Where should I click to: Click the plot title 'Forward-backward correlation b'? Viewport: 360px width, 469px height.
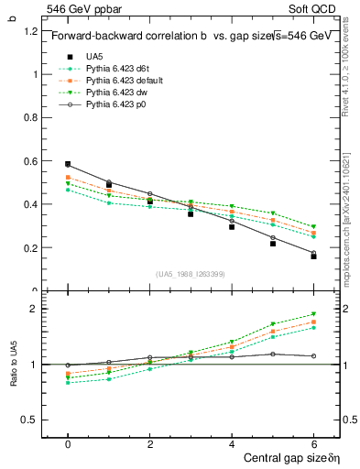123,37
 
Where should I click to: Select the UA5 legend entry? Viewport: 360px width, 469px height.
95,57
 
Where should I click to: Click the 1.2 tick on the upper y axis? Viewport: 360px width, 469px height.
31,30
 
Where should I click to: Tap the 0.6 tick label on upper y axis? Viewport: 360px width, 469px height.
31,161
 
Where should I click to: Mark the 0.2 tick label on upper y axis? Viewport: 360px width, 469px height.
31,248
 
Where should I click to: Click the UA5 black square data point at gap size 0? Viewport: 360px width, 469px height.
68,164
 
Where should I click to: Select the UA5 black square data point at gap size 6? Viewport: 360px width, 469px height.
313,256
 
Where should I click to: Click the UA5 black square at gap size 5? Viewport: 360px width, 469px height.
273,244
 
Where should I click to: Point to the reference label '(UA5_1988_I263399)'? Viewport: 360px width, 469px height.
191,274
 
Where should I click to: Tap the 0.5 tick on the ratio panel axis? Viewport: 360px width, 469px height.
31,420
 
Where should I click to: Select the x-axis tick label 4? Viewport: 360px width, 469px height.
232,442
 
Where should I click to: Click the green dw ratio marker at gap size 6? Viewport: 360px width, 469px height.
313,314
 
